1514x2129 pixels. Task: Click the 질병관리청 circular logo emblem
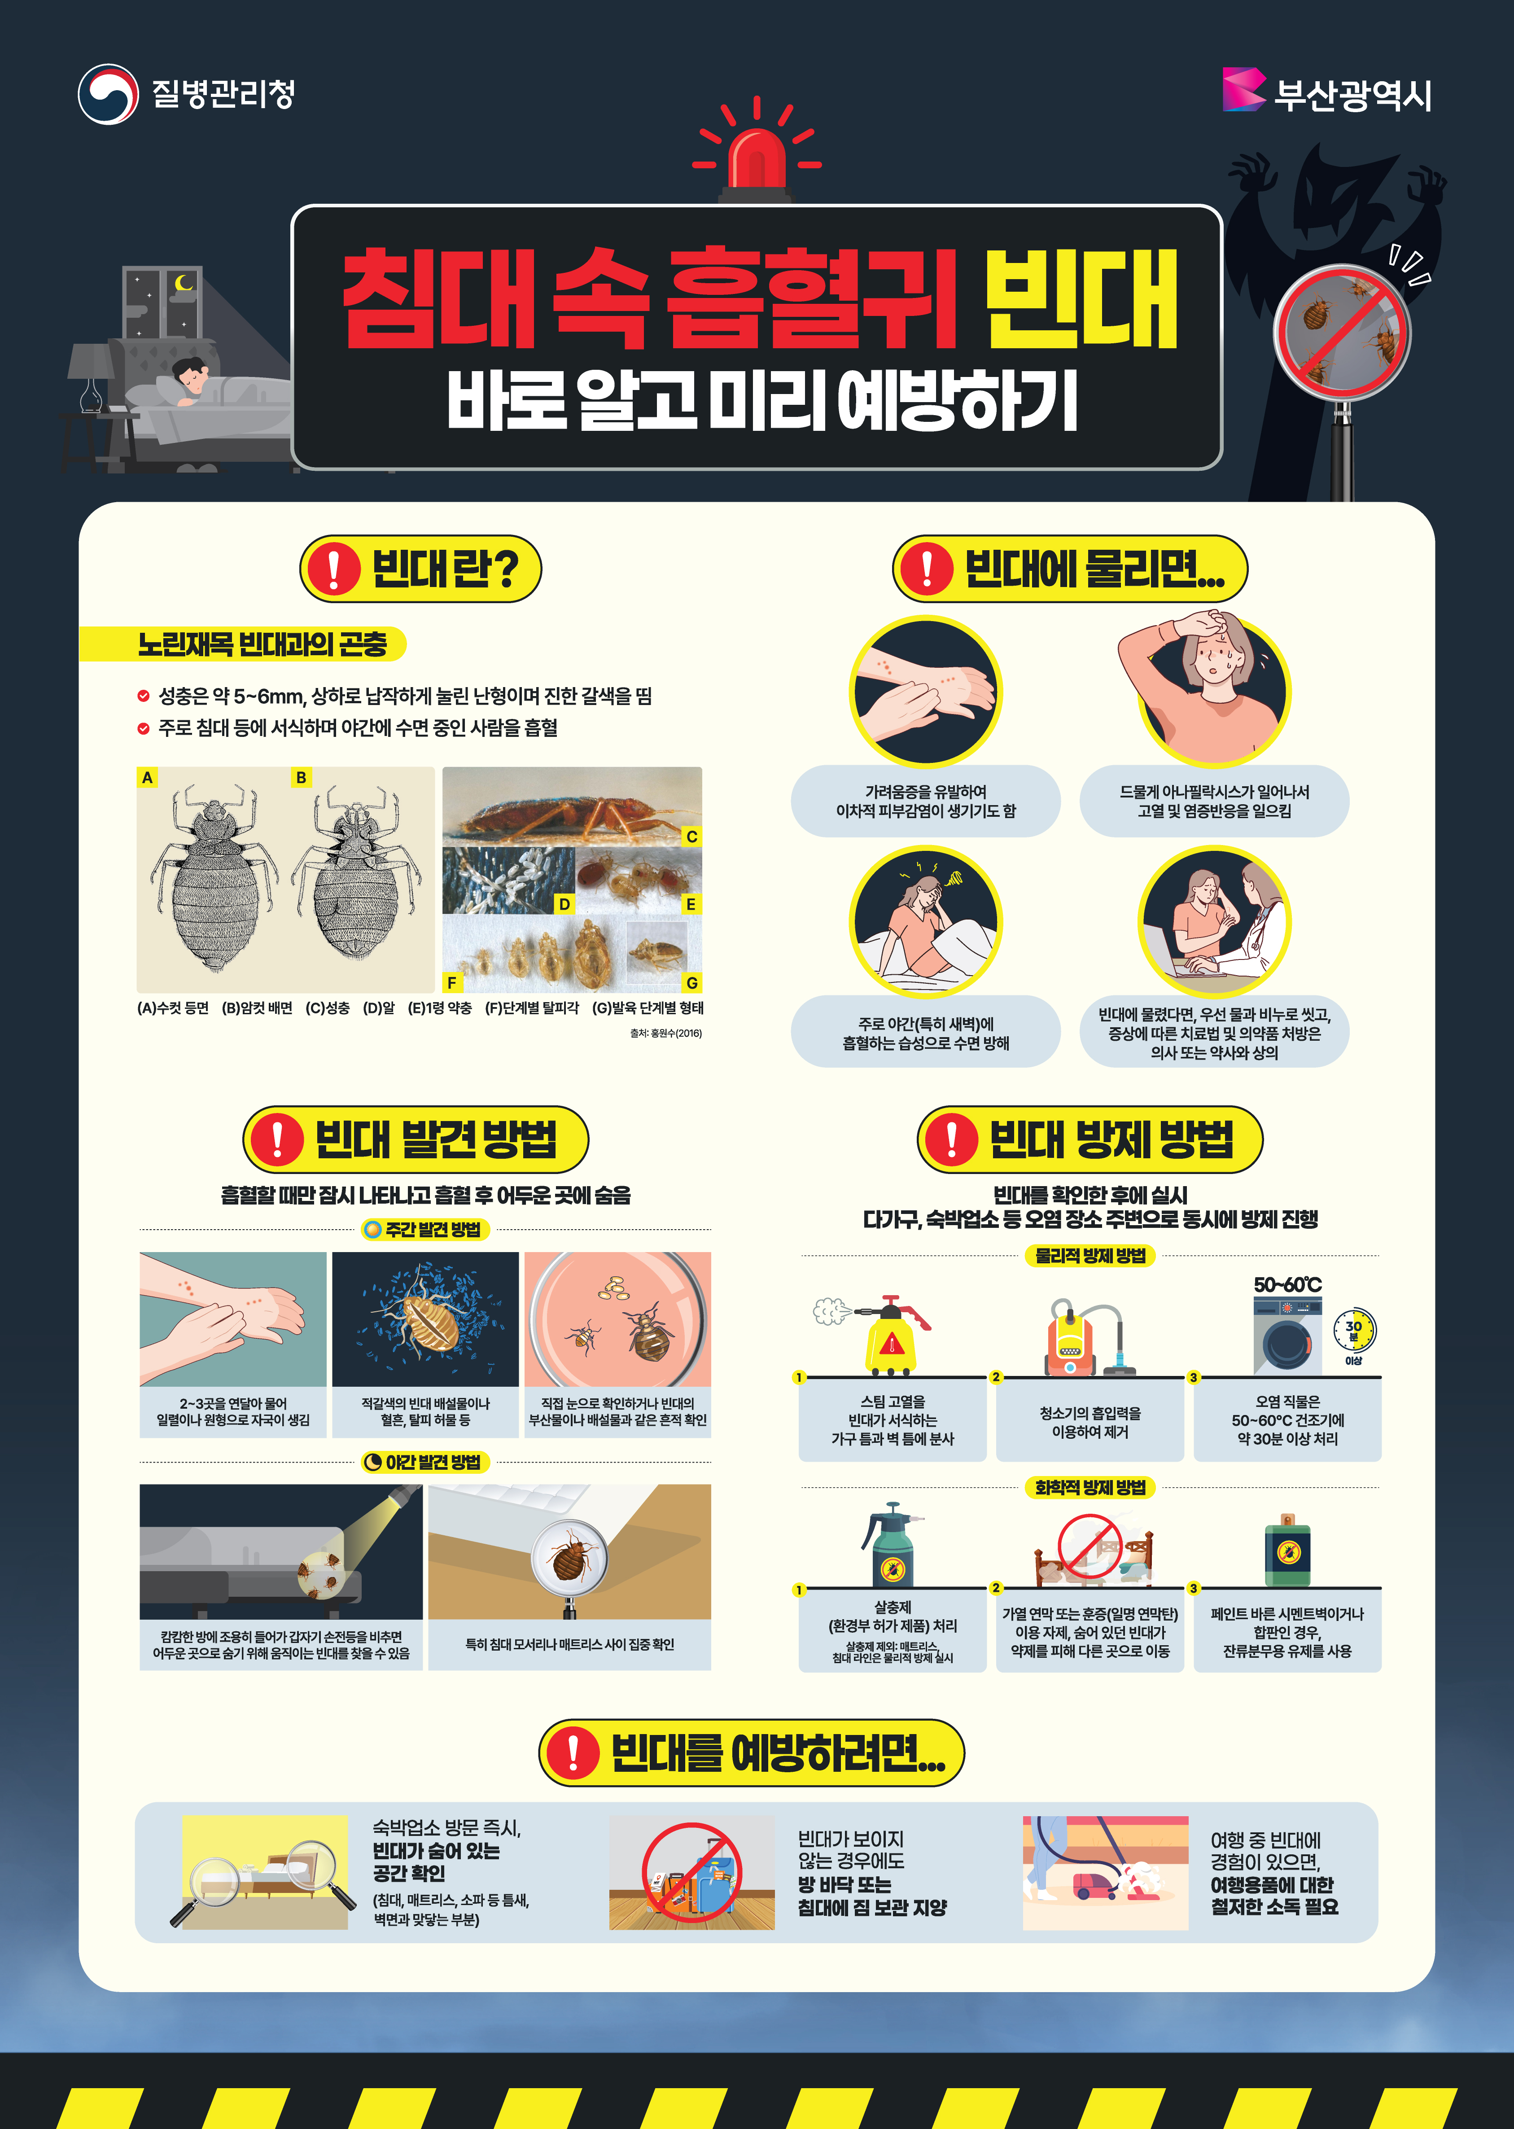click(108, 93)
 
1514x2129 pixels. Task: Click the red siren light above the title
click(756, 158)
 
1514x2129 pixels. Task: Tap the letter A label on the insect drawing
click(147, 777)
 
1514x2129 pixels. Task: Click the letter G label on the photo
click(691, 982)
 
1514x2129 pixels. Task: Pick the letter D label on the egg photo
click(564, 904)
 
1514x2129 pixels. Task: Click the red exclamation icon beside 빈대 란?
click(333, 569)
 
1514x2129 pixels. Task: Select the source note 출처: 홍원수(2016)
click(665, 1033)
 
